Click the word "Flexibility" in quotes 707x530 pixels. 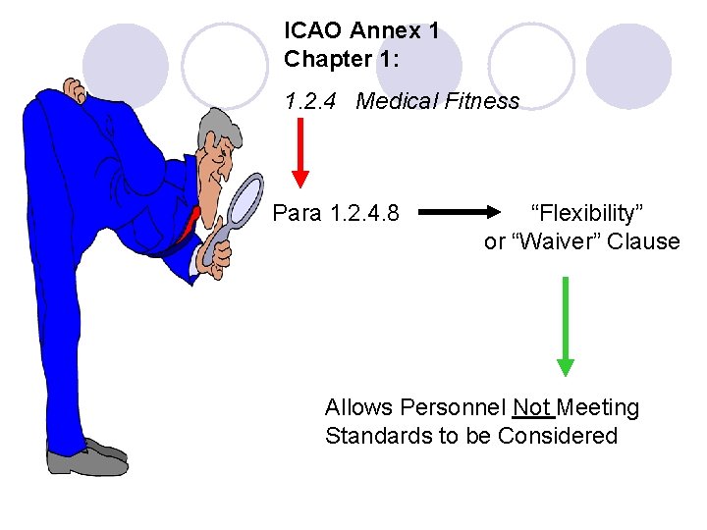[586, 212]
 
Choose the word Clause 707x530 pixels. [643, 241]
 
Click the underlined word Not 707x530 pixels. [531, 407]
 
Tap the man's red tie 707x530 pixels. [189, 227]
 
